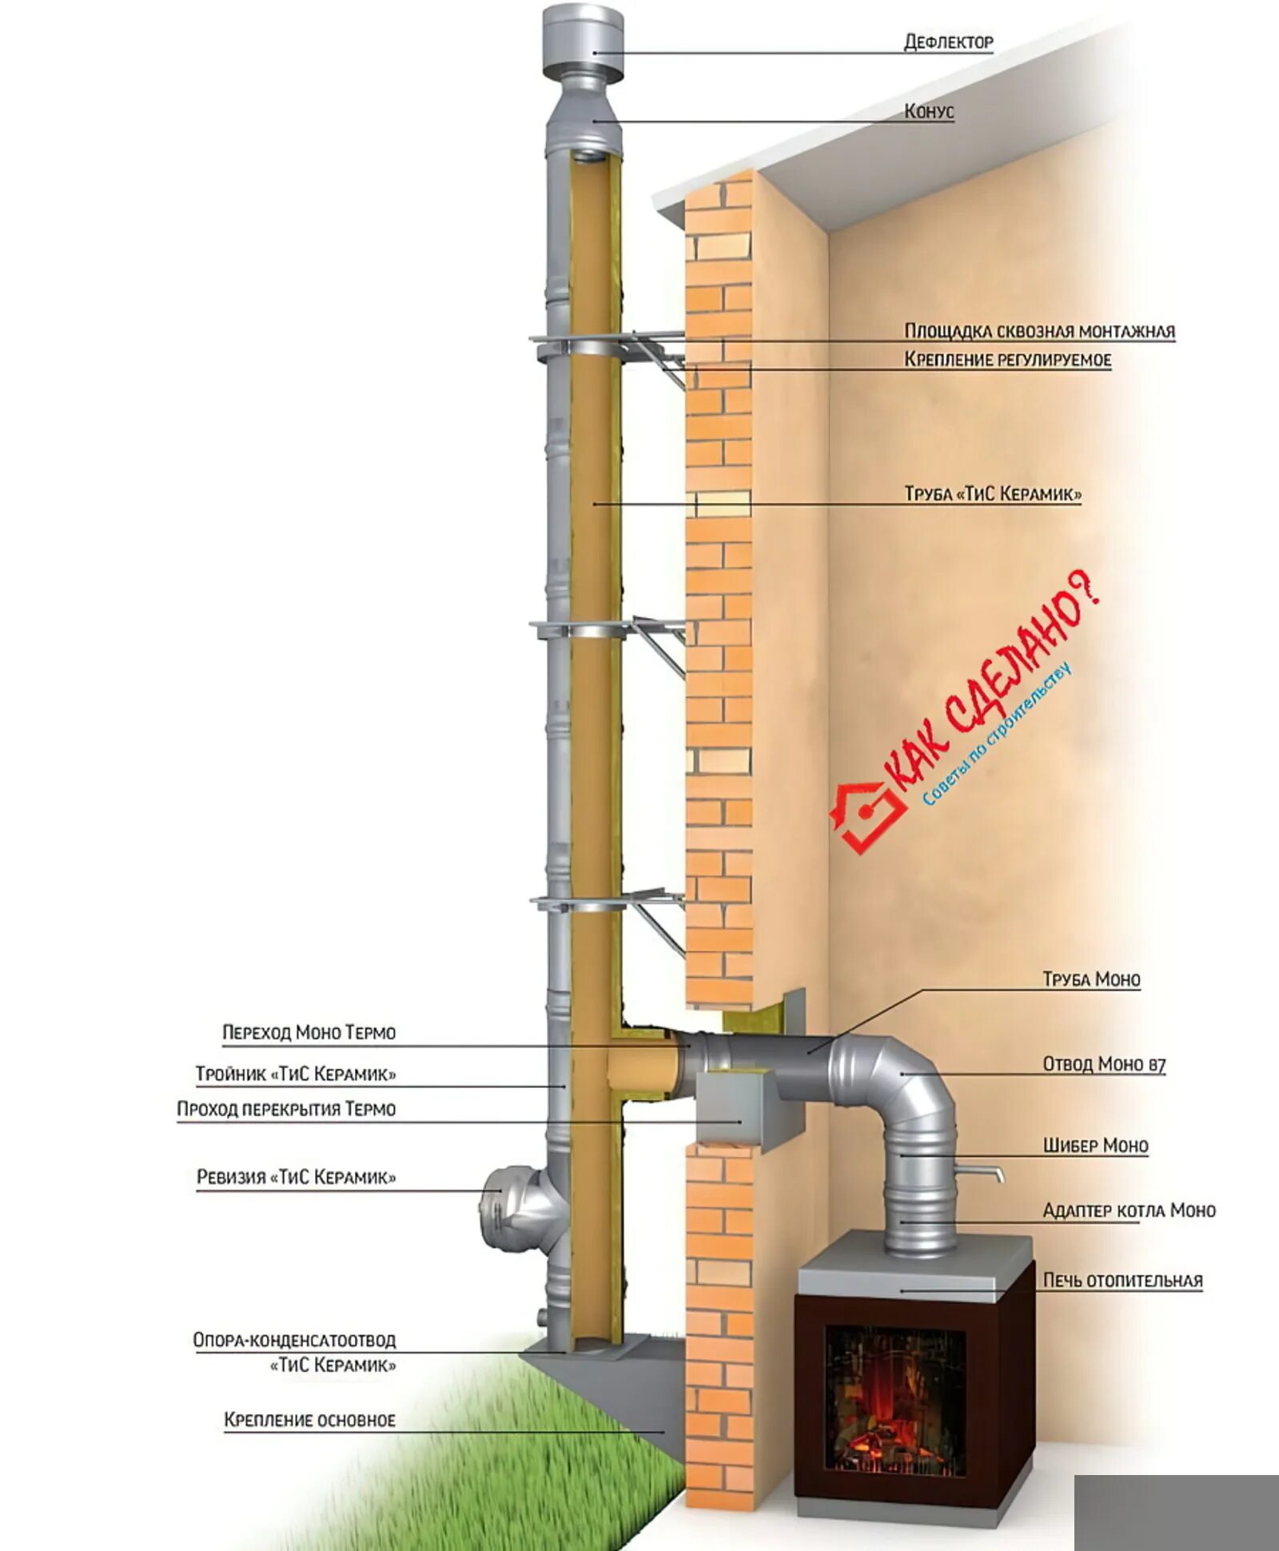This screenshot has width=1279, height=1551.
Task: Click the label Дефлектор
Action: (948, 42)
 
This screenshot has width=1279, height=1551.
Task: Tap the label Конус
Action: (929, 111)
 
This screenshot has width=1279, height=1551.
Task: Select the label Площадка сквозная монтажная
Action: (1039, 331)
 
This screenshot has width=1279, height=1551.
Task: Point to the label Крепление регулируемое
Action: (1007, 360)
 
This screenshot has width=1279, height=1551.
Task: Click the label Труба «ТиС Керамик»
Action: (993, 493)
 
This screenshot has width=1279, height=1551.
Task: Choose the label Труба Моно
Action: (1091, 979)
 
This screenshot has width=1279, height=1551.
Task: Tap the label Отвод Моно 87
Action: (1104, 1064)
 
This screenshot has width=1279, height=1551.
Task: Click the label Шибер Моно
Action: (1095, 1146)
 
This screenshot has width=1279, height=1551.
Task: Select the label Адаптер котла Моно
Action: (1129, 1210)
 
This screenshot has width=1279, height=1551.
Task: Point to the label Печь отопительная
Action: (1122, 1280)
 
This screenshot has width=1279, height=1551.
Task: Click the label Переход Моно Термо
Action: (309, 1032)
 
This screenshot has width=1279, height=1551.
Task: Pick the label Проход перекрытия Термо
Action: (286, 1109)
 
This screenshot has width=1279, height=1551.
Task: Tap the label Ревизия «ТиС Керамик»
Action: (296, 1177)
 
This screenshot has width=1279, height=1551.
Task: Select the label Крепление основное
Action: (309, 1420)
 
